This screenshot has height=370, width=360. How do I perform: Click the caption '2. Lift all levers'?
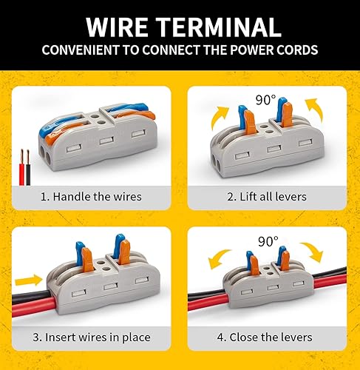pyautogui.click(x=268, y=197)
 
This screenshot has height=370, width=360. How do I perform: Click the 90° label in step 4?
pyautogui.click(x=268, y=242)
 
